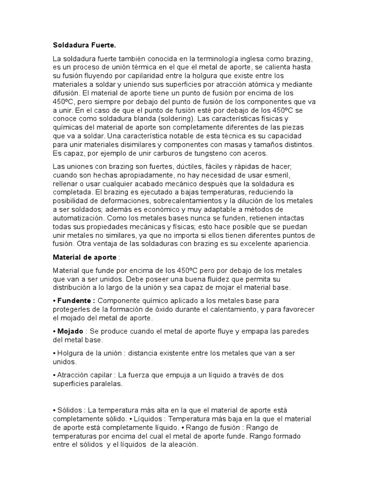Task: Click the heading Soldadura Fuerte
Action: click(x=84, y=46)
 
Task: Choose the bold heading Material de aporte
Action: click(x=84, y=257)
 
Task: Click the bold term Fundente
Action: click(x=75, y=301)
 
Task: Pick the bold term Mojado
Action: click(x=71, y=331)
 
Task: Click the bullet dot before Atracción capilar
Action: click(x=54, y=374)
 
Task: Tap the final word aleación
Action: click(x=181, y=444)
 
